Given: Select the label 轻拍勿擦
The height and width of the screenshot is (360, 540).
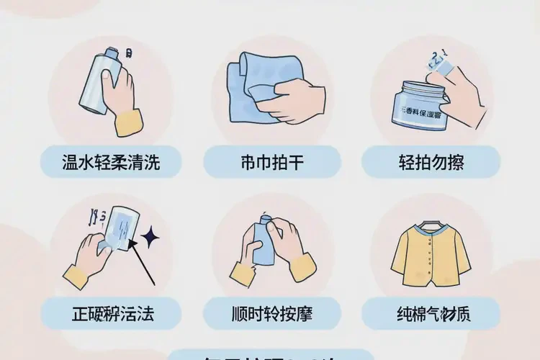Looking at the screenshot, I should (x=431, y=162).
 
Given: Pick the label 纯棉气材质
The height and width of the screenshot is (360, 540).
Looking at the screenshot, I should (x=431, y=315).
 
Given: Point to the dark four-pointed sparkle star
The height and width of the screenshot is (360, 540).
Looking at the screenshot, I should (x=152, y=237).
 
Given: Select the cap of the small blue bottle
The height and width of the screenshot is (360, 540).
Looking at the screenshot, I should (x=266, y=217).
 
